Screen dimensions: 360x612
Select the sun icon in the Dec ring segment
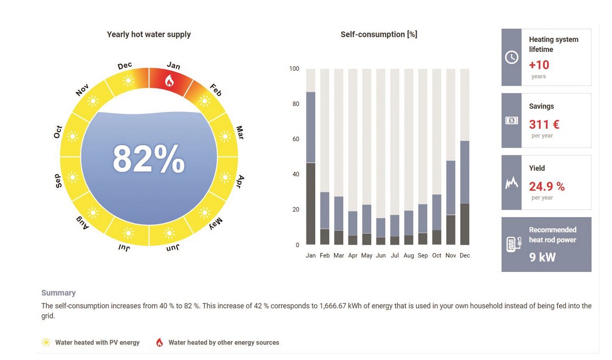129,80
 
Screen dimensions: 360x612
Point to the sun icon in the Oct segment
73,135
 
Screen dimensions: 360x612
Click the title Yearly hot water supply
149,34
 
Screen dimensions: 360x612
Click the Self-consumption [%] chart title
378,34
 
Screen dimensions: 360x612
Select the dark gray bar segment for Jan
311,204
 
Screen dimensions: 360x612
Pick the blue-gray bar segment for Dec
465,172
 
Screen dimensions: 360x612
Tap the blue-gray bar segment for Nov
451,188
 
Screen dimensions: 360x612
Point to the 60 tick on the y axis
294,139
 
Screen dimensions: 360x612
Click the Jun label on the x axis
380,255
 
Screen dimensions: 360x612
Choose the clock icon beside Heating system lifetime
511,57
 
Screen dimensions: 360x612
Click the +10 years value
539,65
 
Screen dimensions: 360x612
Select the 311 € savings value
544,124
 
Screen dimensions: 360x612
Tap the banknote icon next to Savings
511,120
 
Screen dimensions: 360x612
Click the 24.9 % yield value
547,187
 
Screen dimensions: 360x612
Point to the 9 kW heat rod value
542,257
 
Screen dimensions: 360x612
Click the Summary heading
58,293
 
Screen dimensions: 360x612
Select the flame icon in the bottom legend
160,343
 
